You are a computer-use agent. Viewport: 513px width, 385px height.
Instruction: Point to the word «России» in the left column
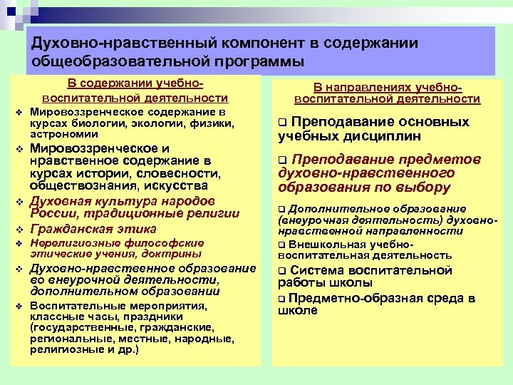click(x=52, y=213)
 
